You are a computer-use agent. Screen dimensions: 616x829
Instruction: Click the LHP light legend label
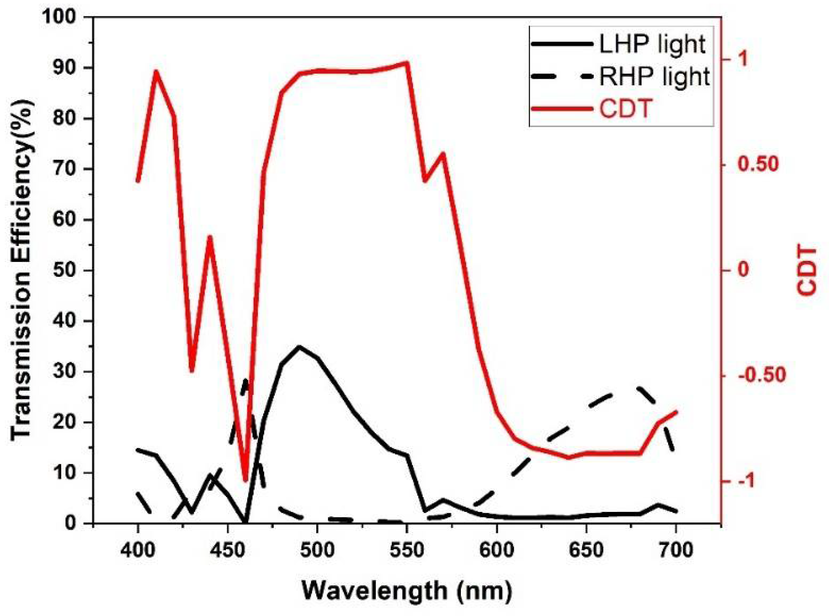click(652, 44)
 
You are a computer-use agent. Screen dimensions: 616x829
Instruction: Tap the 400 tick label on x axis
click(138, 550)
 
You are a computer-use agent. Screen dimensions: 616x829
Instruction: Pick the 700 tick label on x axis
click(676, 550)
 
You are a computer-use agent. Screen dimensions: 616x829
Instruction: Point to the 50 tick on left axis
click(66, 270)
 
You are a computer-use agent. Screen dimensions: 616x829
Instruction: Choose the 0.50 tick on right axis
click(758, 164)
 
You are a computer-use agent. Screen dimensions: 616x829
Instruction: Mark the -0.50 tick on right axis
click(762, 375)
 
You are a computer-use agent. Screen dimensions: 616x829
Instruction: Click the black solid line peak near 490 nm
click(299, 346)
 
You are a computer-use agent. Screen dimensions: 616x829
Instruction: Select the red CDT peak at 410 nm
click(156, 72)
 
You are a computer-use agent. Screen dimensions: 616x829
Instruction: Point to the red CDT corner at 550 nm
click(406, 62)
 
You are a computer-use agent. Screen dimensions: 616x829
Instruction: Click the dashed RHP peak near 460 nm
click(246, 380)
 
